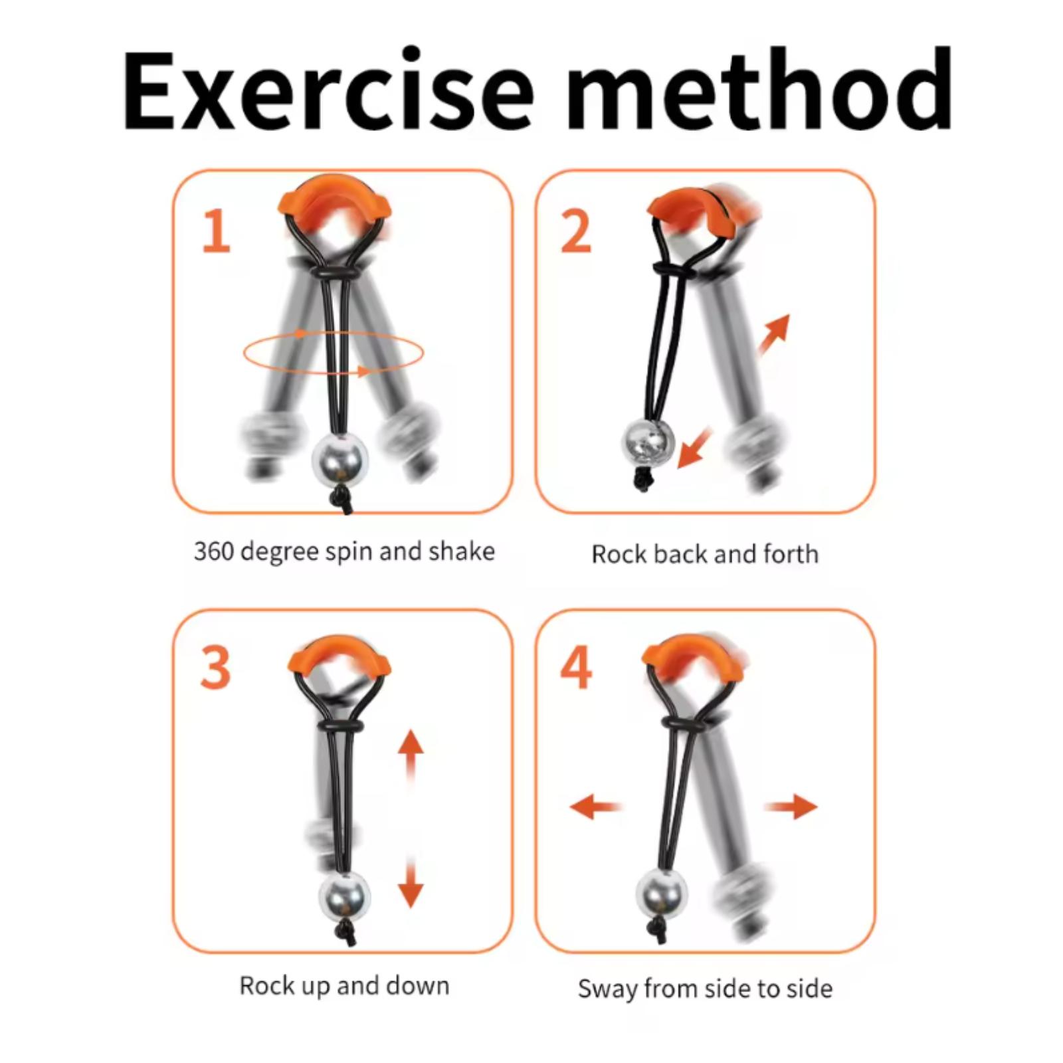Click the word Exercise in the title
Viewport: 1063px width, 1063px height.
[x=328, y=90]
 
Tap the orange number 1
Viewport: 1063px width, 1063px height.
[x=216, y=231]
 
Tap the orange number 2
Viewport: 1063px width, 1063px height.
[x=575, y=231]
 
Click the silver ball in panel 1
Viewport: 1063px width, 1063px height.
[x=340, y=460]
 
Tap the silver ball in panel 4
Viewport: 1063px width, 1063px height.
[x=662, y=896]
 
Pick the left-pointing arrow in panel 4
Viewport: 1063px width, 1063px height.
[x=596, y=807]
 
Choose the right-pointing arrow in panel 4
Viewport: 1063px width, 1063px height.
[x=791, y=807]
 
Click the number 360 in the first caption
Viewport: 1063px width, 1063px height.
[x=213, y=551]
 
